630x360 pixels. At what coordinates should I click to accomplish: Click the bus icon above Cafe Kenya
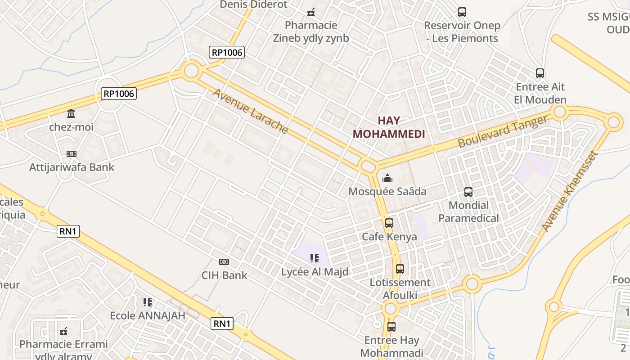coord(389,223)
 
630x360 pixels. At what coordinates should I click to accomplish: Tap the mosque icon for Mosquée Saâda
coord(387,179)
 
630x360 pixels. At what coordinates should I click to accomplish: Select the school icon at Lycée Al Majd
coord(315,258)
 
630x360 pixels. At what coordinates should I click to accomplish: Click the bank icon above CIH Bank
coord(224,262)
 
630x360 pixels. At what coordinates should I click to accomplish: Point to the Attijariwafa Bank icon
coord(71,154)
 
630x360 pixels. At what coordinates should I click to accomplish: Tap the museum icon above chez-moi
coord(71,113)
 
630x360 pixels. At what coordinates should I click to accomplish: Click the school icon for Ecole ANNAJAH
coord(148,302)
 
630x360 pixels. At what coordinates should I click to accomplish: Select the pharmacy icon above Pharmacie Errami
coord(63,332)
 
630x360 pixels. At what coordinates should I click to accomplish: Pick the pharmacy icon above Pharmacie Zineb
coord(311,12)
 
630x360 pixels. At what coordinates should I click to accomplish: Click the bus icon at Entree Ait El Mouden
coord(540,73)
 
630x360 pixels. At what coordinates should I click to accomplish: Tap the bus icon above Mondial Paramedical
coord(468,192)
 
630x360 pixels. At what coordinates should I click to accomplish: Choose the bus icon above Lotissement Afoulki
coord(400,269)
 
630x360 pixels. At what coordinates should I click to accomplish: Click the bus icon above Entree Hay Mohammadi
coord(391,327)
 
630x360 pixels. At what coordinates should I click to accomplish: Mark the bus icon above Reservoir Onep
coord(462,12)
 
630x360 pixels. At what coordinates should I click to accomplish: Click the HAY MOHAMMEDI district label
coord(389,127)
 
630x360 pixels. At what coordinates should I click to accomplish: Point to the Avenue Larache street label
coord(250,111)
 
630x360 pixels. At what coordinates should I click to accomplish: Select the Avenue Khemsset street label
coord(570,191)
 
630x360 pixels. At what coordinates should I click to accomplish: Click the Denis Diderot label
coord(253,4)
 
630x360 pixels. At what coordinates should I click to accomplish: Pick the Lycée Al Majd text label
coord(315,272)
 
